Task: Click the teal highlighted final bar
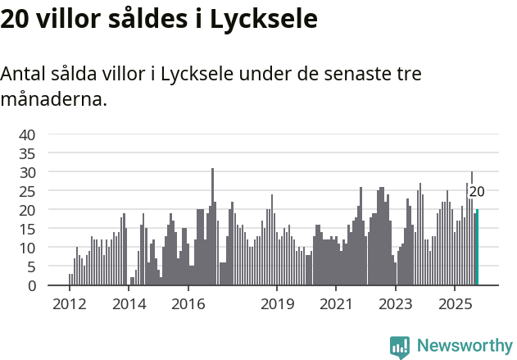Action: (477, 248)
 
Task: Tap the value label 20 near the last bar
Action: (477, 192)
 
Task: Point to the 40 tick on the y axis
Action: (27, 134)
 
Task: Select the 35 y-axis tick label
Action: (27, 153)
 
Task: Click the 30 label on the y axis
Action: (27, 172)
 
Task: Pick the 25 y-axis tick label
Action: (27, 191)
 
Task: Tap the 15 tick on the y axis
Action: (27, 229)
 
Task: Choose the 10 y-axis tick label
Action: (27, 248)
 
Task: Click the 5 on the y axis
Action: (31, 267)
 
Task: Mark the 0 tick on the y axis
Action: (31, 285)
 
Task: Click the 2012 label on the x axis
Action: (70, 304)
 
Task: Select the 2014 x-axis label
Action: (129, 304)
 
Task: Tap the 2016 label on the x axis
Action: (188, 304)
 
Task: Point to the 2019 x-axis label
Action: (277, 304)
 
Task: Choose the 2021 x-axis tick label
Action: (336, 304)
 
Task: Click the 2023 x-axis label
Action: (395, 304)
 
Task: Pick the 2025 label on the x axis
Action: (454, 304)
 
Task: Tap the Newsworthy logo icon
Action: (400, 347)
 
